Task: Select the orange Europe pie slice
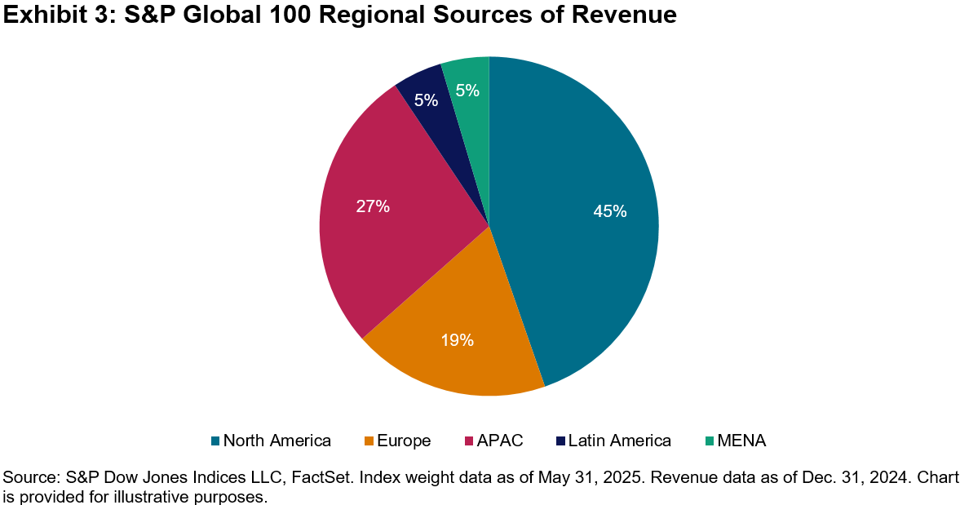pyautogui.click(x=457, y=343)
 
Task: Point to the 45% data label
pyautogui.click(x=610, y=211)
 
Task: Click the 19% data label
pyautogui.click(x=458, y=340)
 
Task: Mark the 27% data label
pyautogui.click(x=373, y=206)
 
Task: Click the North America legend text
pyautogui.click(x=276, y=441)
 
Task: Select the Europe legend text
pyautogui.click(x=404, y=441)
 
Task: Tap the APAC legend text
pyautogui.click(x=500, y=441)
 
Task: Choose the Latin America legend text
pyautogui.click(x=620, y=441)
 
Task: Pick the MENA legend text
pyautogui.click(x=742, y=441)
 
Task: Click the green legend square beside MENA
pyautogui.click(x=710, y=441)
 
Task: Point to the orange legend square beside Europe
pyautogui.click(x=369, y=441)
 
